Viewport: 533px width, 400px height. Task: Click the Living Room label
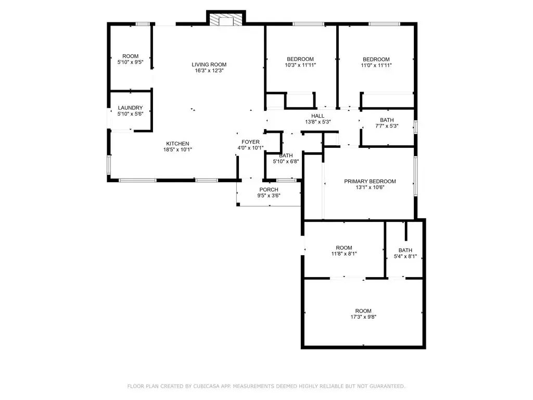(209, 65)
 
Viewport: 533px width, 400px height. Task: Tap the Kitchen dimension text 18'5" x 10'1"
(177, 150)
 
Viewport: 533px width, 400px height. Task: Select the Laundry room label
(130, 108)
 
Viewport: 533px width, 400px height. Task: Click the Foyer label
(250, 142)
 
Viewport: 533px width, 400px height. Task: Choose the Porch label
(269, 190)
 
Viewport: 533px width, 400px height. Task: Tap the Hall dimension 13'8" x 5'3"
(318, 122)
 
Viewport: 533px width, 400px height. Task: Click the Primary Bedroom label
(370, 181)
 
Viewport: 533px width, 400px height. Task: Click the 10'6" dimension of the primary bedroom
(377, 187)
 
